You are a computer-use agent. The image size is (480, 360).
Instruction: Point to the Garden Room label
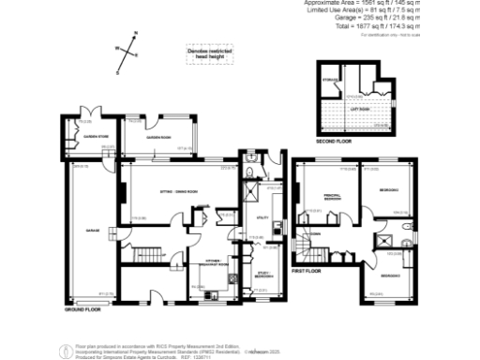pos(157,137)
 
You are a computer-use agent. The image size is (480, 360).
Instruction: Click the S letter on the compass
pos(118,71)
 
